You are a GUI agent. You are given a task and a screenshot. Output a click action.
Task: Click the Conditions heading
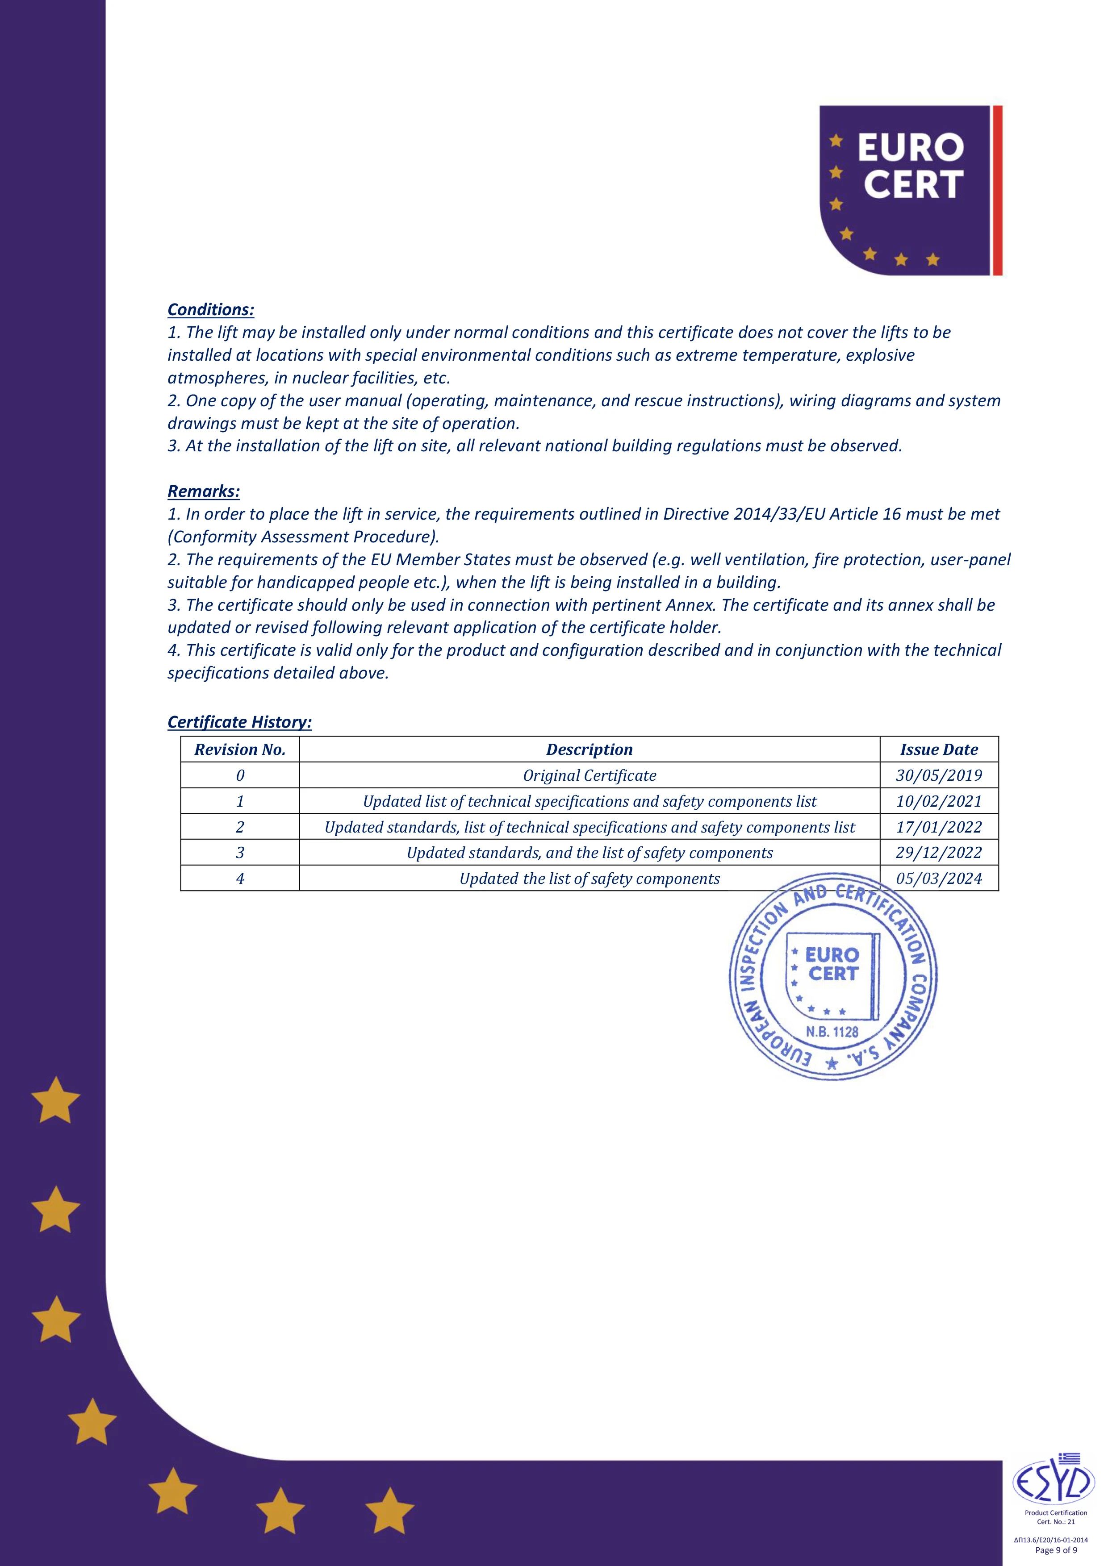(211, 310)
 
